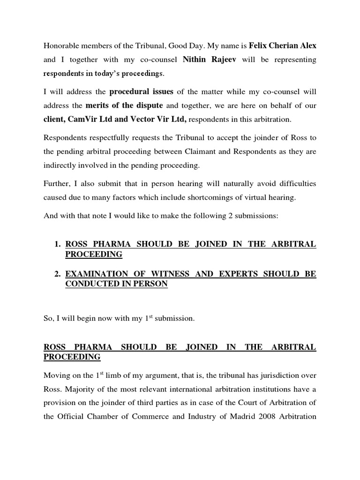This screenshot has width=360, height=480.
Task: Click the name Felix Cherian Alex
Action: [x=283, y=46]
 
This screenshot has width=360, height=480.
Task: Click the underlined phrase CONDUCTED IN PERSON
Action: [x=116, y=284]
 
